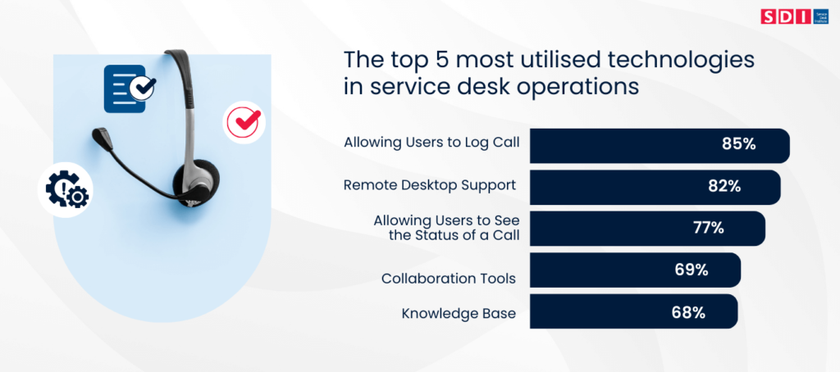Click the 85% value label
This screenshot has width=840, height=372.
point(738,144)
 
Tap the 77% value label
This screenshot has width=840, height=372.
point(708,228)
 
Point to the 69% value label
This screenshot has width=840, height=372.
point(692,270)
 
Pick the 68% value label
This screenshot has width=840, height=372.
point(688,312)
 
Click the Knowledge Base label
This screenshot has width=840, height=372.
point(459,314)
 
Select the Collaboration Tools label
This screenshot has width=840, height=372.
point(449,279)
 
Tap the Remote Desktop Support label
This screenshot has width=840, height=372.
point(430,185)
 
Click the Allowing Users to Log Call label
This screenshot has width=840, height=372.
point(431,143)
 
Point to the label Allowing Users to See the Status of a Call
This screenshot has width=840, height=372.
point(447,228)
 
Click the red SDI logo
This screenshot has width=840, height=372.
point(786,16)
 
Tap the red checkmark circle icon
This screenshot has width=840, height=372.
point(244,122)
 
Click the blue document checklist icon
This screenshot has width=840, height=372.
point(129,88)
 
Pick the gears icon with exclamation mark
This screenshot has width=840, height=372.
point(65,190)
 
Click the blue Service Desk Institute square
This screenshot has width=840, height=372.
point(820,16)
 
